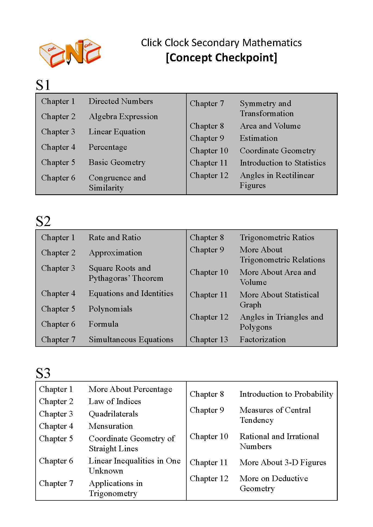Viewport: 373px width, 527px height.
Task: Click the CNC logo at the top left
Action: point(70,53)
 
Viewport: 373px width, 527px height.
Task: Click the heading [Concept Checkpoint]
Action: point(221,58)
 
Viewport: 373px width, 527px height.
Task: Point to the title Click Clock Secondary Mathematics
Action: point(221,43)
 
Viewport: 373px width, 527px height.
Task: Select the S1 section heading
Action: point(43,85)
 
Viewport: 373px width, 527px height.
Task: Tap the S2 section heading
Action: point(43,221)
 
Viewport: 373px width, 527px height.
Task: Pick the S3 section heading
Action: point(43,373)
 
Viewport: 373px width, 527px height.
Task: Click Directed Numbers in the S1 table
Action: point(121,101)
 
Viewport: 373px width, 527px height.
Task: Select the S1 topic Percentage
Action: point(108,147)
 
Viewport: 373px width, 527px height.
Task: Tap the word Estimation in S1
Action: point(259,138)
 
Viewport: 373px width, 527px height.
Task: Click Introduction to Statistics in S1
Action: point(283,163)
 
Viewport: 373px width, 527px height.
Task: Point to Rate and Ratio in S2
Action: point(115,237)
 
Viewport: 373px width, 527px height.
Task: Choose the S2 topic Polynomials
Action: point(110,309)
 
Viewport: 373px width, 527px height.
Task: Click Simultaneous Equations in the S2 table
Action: point(131,339)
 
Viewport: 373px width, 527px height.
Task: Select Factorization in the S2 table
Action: point(263,339)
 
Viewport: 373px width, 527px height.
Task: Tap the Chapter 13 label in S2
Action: point(209,339)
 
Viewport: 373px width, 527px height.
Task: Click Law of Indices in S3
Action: point(115,401)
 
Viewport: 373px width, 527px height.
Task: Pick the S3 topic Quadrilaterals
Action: point(113,414)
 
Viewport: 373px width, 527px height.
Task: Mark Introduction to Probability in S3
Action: point(286,394)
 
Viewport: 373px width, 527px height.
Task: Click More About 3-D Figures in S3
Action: point(283,462)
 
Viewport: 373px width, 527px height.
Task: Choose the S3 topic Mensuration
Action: point(111,426)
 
